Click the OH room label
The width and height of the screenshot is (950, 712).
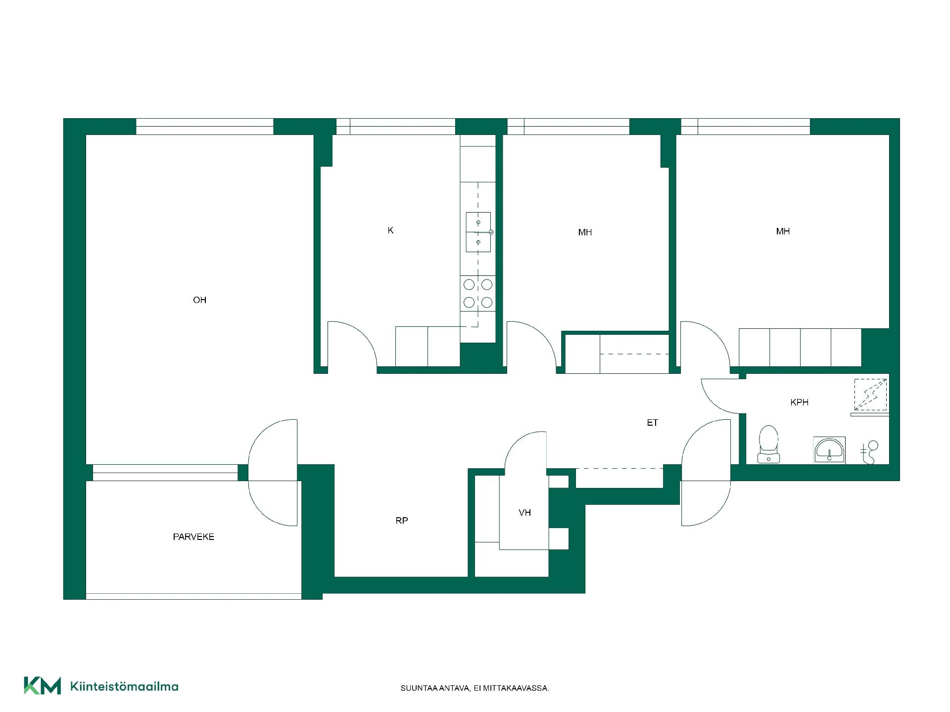pos(199,300)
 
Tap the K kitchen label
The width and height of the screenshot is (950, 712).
pos(390,230)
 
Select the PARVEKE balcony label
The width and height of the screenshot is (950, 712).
pos(193,536)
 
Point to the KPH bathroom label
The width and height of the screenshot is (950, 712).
pos(800,402)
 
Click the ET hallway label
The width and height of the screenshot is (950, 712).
pos(652,423)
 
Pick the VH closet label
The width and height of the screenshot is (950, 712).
pos(525,513)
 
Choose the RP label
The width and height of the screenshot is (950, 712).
pos(402,521)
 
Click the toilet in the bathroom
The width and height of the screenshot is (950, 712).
pos(768,445)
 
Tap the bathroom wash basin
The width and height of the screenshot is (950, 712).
pos(829,450)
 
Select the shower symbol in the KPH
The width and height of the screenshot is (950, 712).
pos(870,395)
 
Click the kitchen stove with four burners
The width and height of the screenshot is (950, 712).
pos(478,293)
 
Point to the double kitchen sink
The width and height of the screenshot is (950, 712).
pos(478,232)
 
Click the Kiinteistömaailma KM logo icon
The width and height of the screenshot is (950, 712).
pos(43,686)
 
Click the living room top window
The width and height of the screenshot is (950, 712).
pos(205,127)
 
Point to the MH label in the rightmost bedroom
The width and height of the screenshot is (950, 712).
pos(783,231)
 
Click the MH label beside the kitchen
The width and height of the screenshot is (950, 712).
pos(585,232)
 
